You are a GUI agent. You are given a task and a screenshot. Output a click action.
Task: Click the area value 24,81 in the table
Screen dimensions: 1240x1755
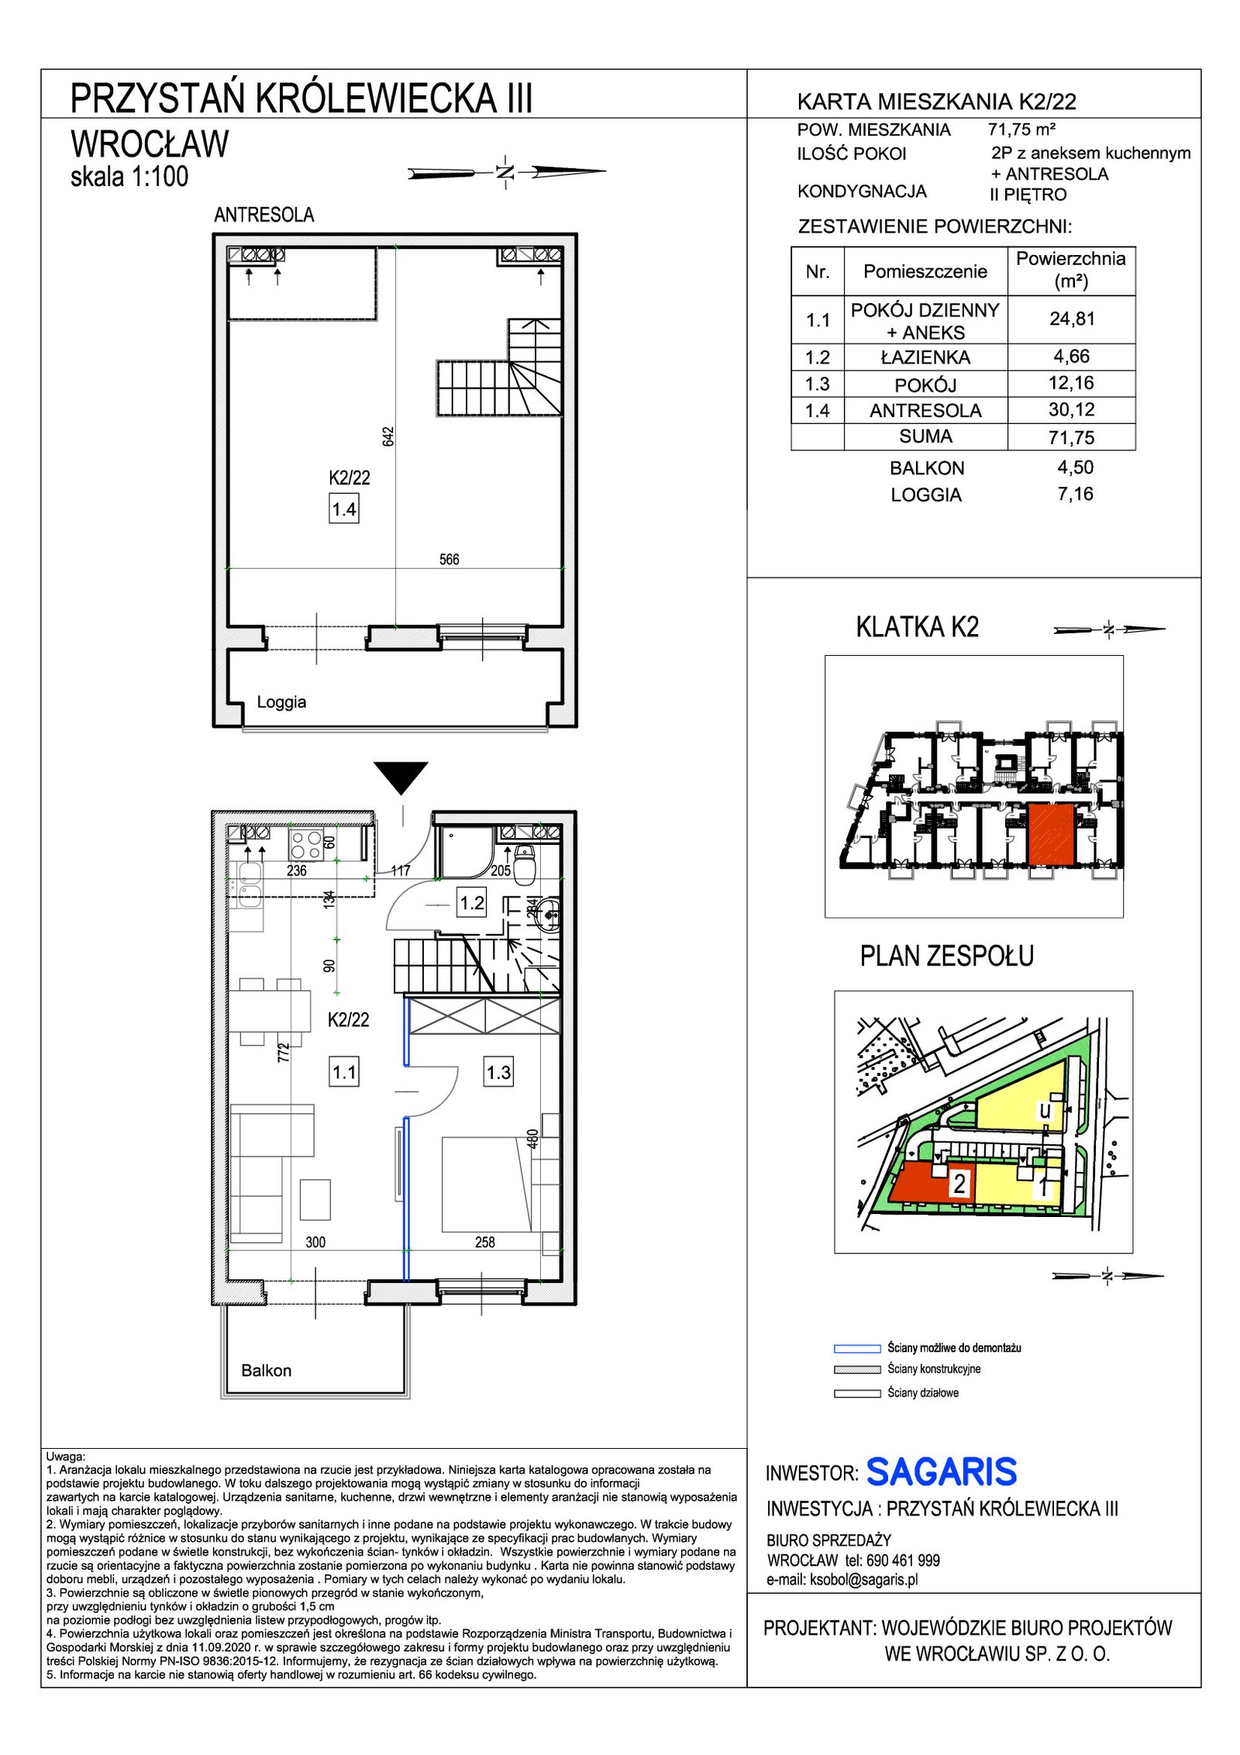click(1072, 319)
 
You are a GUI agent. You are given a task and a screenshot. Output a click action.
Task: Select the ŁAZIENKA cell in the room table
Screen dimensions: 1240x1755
click(925, 357)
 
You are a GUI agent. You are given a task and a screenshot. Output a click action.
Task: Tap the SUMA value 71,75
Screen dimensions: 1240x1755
click(1072, 437)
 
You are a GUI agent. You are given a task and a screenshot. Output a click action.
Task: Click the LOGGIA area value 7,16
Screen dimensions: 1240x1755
click(1076, 494)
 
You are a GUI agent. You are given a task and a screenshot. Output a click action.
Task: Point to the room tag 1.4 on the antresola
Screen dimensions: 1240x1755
click(344, 509)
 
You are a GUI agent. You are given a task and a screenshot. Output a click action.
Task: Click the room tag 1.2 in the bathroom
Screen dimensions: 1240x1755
click(472, 902)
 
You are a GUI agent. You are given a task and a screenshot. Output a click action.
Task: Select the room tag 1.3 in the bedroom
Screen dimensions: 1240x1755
click(499, 1072)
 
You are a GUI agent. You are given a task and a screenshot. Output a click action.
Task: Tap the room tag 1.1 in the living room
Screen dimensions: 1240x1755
click(344, 1072)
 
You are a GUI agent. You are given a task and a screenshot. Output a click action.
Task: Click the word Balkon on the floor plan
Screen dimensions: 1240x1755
click(267, 1371)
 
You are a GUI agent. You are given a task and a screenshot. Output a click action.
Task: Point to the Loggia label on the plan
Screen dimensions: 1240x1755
click(281, 702)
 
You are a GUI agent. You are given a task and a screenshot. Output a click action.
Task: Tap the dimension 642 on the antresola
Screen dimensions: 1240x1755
click(388, 436)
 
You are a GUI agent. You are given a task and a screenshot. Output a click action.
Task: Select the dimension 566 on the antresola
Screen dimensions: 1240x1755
click(449, 559)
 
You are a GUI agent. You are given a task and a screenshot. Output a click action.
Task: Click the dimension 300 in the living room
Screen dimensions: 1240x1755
click(315, 1242)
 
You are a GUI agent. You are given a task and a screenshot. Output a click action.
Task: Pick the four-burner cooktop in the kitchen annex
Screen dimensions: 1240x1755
click(305, 844)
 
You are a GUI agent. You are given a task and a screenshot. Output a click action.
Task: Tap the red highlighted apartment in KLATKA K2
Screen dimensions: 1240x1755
click(1051, 834)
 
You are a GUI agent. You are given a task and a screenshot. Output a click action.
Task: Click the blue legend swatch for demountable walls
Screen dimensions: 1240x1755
click(857, 1348)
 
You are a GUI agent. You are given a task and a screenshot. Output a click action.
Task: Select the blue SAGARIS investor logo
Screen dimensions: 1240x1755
click(942, 1472)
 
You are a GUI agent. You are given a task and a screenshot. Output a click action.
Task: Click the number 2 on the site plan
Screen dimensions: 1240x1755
click(959, 1184)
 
